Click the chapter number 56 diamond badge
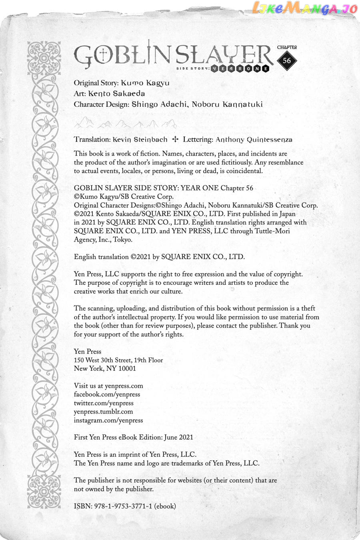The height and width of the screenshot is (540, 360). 287,61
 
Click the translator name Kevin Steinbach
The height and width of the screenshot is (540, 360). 140,140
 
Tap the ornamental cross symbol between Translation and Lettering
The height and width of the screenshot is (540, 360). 175,140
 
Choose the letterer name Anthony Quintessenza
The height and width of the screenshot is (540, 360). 254,140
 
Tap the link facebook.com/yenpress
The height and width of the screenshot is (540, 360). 107,394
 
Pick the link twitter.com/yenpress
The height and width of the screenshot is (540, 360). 104,403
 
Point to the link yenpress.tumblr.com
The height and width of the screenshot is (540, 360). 103,412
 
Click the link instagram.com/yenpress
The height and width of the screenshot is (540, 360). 108,420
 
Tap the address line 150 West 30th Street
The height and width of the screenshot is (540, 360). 106,360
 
